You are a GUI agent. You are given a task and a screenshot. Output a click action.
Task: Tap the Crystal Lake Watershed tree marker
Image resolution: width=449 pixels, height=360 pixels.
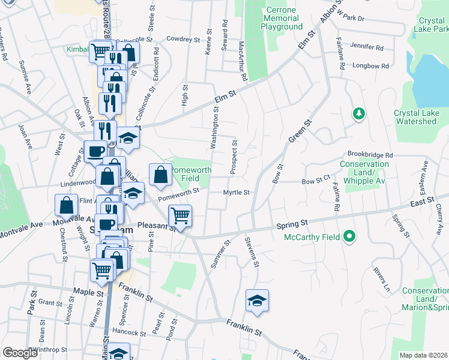click(358, 113)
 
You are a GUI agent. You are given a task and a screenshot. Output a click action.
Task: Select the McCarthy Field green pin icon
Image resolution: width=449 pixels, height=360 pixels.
click(348, 237)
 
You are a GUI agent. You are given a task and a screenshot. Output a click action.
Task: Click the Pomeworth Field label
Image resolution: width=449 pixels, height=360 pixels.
click(191, 174)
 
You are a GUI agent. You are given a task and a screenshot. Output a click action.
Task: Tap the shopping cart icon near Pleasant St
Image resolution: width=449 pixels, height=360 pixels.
click(180, 215)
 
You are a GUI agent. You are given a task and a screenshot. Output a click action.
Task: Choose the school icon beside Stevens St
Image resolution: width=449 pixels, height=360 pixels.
click(257, 300)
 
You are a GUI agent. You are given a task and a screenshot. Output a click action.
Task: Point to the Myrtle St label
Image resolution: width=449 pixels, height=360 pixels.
click(236, 193)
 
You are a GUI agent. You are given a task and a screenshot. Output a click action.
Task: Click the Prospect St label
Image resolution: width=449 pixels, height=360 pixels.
click(234, 158)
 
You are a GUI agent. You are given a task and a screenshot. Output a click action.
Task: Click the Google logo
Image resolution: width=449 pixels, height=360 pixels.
click(20, 353)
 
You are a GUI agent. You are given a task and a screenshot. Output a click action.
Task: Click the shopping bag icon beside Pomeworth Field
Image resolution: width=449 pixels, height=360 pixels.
click(160, 175)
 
